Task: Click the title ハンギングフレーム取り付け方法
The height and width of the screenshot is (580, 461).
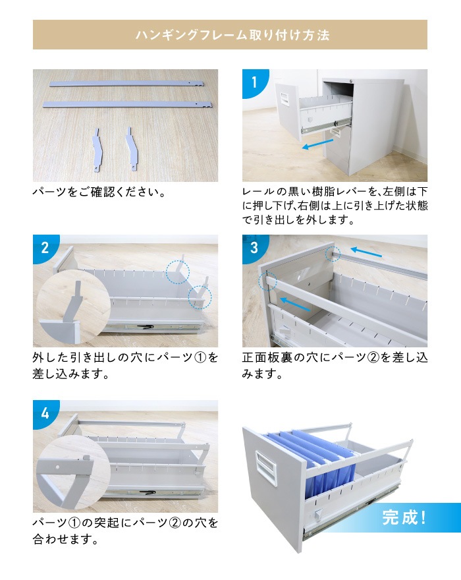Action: click(232, 35)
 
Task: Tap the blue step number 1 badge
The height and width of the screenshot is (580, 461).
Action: click(254, 82)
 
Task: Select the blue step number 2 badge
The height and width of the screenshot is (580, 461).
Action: click(44, 247)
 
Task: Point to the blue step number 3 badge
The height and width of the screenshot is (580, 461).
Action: click(254, 247)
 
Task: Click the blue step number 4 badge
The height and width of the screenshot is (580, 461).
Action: click(44, 413)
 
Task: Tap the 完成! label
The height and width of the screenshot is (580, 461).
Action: click(404, 517)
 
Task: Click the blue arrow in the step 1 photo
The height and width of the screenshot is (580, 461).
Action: click(317, 144)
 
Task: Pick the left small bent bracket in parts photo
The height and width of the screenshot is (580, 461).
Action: click(96, 150)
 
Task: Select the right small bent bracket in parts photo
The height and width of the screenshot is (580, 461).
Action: click(132, 150)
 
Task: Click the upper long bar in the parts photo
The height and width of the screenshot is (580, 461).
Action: click(125, 84)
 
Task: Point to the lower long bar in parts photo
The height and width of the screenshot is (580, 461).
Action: click(128, 104)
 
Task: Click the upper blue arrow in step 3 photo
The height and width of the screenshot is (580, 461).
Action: click(366, 252)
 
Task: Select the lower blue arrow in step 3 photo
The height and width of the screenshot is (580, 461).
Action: click(295, 304)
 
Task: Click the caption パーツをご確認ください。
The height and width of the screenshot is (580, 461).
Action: click(99, 192)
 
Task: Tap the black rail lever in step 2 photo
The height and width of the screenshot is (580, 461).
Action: click(146, 327)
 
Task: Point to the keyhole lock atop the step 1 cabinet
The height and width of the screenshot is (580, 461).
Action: click(351, 80)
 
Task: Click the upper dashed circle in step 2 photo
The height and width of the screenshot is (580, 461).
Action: click(178, 272)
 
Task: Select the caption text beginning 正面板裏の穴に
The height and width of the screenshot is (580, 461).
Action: click(335, 365)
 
